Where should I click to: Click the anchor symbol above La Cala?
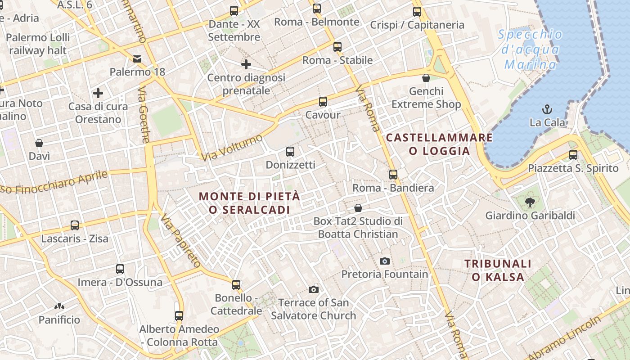pyautogui.click(x=547, y=109)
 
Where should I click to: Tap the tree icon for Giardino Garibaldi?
pyautogui.click(x=530, y=202)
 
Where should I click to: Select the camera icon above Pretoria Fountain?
pyautogui.click(x=384, y=261)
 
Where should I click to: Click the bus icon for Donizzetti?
pyautogui.click(x=290, y=152)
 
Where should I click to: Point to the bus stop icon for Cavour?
pyautogui.click(x=323, y=102)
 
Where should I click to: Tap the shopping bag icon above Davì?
pyautogui.click(x=39, y=143)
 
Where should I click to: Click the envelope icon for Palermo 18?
pyautogui.click(x=137, y=58)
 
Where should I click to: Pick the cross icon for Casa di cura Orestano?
pyautogui.click(x=98, y=93)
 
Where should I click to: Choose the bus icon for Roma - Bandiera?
pyautogui.click(x=393, y=174)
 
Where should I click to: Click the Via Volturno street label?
pyautogui.click(x=232, y=148)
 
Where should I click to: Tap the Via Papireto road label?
pyautogui.click(x=180, y=241)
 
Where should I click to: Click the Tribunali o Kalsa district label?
pyautogui.click(x=498, y=270)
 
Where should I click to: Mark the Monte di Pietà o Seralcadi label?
pyautogui.click(x=249, y=203)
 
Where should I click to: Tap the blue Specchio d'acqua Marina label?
pyautogui.click(x=531, y=49)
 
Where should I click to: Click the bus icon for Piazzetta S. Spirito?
pyautogui.click(x=573, y=155)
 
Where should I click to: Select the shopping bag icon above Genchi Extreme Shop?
pyautogui.click(x=426, y=78)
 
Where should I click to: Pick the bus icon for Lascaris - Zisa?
pyautogui.click(x=74, y=225)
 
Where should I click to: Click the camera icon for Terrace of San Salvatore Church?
pyautogui.click(x=313, y=289)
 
